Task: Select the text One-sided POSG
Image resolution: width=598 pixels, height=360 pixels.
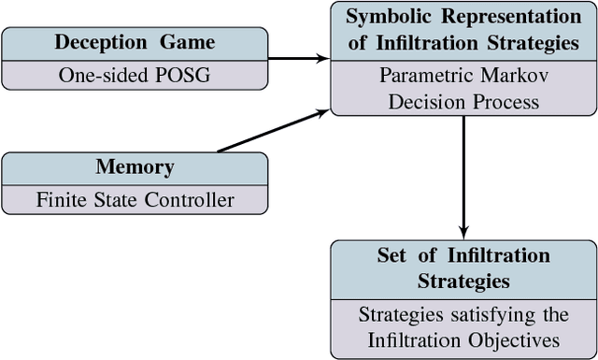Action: [135, 76]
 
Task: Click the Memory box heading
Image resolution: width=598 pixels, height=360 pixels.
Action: [135, 167]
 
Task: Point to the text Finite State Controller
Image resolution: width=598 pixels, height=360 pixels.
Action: [135, 199]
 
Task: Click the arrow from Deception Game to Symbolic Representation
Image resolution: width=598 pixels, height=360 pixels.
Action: [298, 58]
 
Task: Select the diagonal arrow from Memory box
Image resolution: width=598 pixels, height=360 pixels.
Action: [271, 131]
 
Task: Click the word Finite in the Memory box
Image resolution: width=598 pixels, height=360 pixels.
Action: [61, 199]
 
